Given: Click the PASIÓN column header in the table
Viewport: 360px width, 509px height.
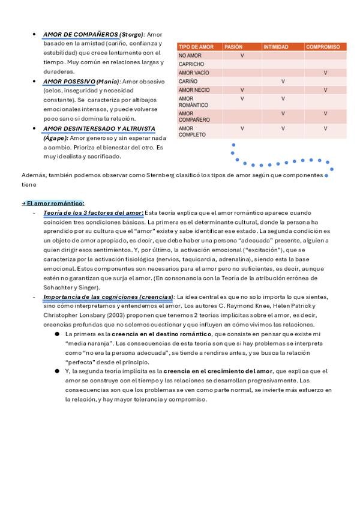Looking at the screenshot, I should (x=233, y=47).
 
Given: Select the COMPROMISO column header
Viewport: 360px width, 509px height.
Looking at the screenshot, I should (x=323, y=47).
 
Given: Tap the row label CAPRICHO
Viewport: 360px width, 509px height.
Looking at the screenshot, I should (x=191, y=64).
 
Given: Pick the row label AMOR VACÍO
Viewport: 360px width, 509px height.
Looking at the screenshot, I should (x=194, y=73).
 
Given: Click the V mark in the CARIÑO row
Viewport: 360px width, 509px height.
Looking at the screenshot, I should (x=283, y=81).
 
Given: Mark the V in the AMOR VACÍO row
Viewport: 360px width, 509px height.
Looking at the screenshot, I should (x=325, y=73).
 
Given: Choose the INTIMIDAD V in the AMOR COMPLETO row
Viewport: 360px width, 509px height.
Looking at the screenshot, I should (x=283, y=128).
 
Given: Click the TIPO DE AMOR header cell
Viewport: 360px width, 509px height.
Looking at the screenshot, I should (x=196, y=47).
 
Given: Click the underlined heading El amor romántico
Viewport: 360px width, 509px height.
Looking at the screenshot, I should (x=55, y=203).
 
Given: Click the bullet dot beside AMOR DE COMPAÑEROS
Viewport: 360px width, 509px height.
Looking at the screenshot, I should (x=34, y=35).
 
